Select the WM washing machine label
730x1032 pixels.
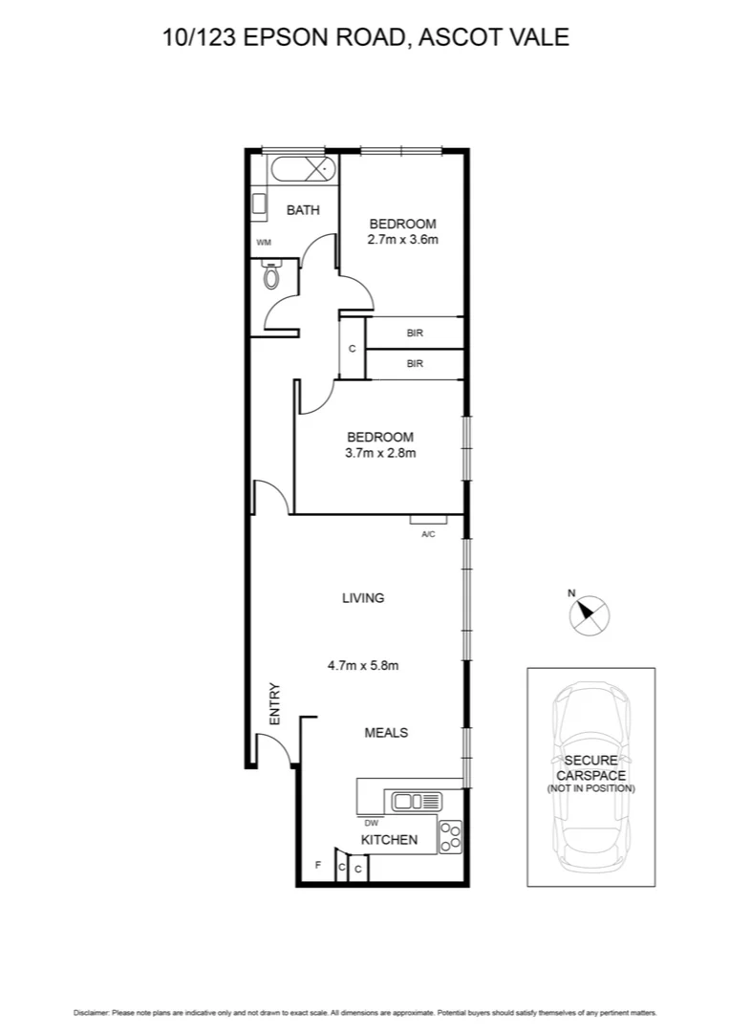tap(264, 243)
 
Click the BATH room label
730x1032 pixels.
tap(303, 210)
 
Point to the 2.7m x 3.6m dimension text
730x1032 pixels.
tap(402, 240)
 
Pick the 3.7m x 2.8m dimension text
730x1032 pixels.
tap(380, 454)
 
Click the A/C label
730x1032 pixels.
tap(428, 534)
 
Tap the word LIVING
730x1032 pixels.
tap(363, 598)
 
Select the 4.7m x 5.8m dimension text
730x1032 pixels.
tap(363, 666)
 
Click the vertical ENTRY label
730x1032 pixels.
tap(275, 703)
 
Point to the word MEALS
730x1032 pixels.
tap(386, 733)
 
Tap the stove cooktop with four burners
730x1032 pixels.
tap(450, 837)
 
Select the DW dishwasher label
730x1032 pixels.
tap(371, 822)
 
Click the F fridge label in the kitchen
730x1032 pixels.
tap(318, 866)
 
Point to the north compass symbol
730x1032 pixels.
tap(589, 614)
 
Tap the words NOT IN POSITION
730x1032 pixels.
tap(590, 789)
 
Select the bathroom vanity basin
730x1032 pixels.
tap(259, 204)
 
